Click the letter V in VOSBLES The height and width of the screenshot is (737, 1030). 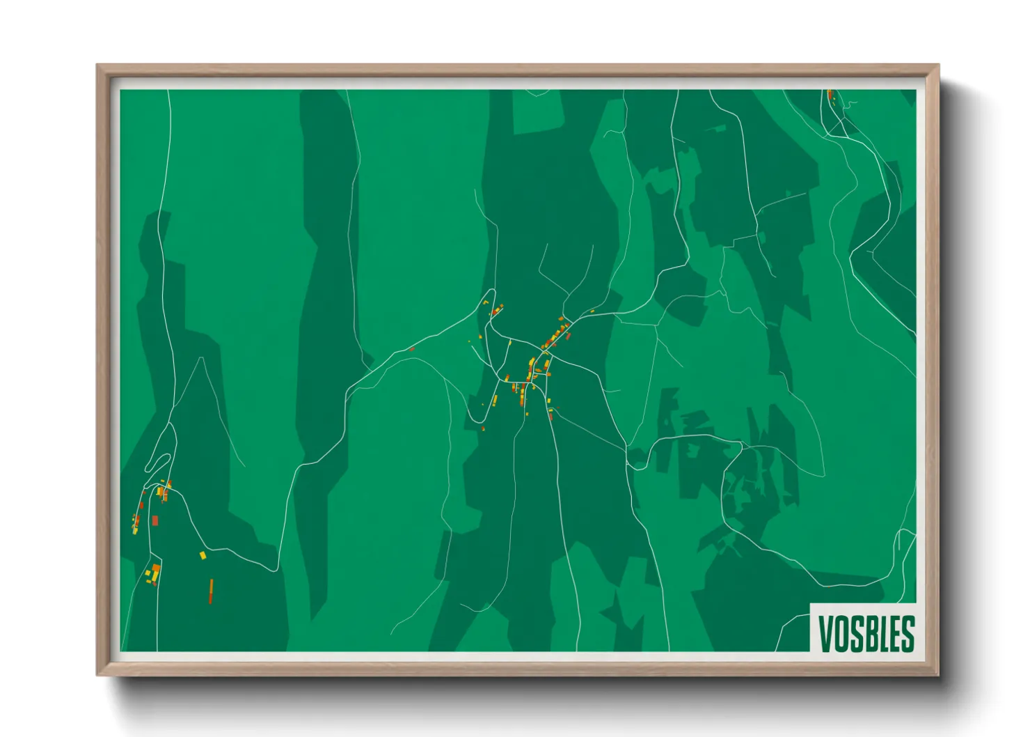[x=825, y=634]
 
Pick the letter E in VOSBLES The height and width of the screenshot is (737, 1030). [x=894, y=634]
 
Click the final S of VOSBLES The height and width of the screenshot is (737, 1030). [x=907, y=634]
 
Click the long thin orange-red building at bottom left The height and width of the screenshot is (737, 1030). [x=211, y=591]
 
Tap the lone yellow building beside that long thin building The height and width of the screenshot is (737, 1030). [x=203, y=555]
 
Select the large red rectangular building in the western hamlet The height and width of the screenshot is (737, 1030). [x=155, y=520]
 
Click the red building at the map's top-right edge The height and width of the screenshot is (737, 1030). [x=830, y=94]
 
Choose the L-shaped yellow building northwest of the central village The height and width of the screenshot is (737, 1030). [x=486, y=303]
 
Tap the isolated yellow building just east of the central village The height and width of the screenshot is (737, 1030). [x=592, y=311]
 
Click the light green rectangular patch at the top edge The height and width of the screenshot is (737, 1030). [x=537, y=111]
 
